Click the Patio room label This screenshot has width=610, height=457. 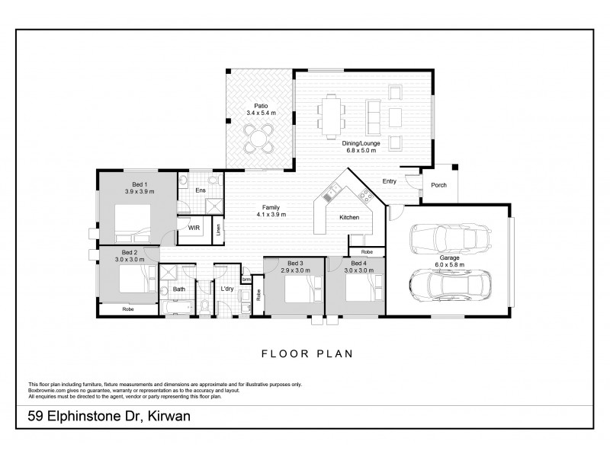coord(260,106)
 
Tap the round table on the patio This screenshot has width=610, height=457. coord(260,139)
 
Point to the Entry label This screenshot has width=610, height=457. coord(390,181)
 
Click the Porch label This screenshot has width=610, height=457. coord(439,185)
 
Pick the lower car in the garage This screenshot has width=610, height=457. coord(448,286)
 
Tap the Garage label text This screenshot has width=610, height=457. coord(449,257)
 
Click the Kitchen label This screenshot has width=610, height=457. coord(349,218)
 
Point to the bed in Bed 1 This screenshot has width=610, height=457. coord(136,221)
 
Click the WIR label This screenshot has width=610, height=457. coord(194,227)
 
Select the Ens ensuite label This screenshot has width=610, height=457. coord(200,190)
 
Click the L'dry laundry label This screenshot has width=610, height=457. coord(226,289)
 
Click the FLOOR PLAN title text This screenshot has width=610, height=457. coord(305,354)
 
